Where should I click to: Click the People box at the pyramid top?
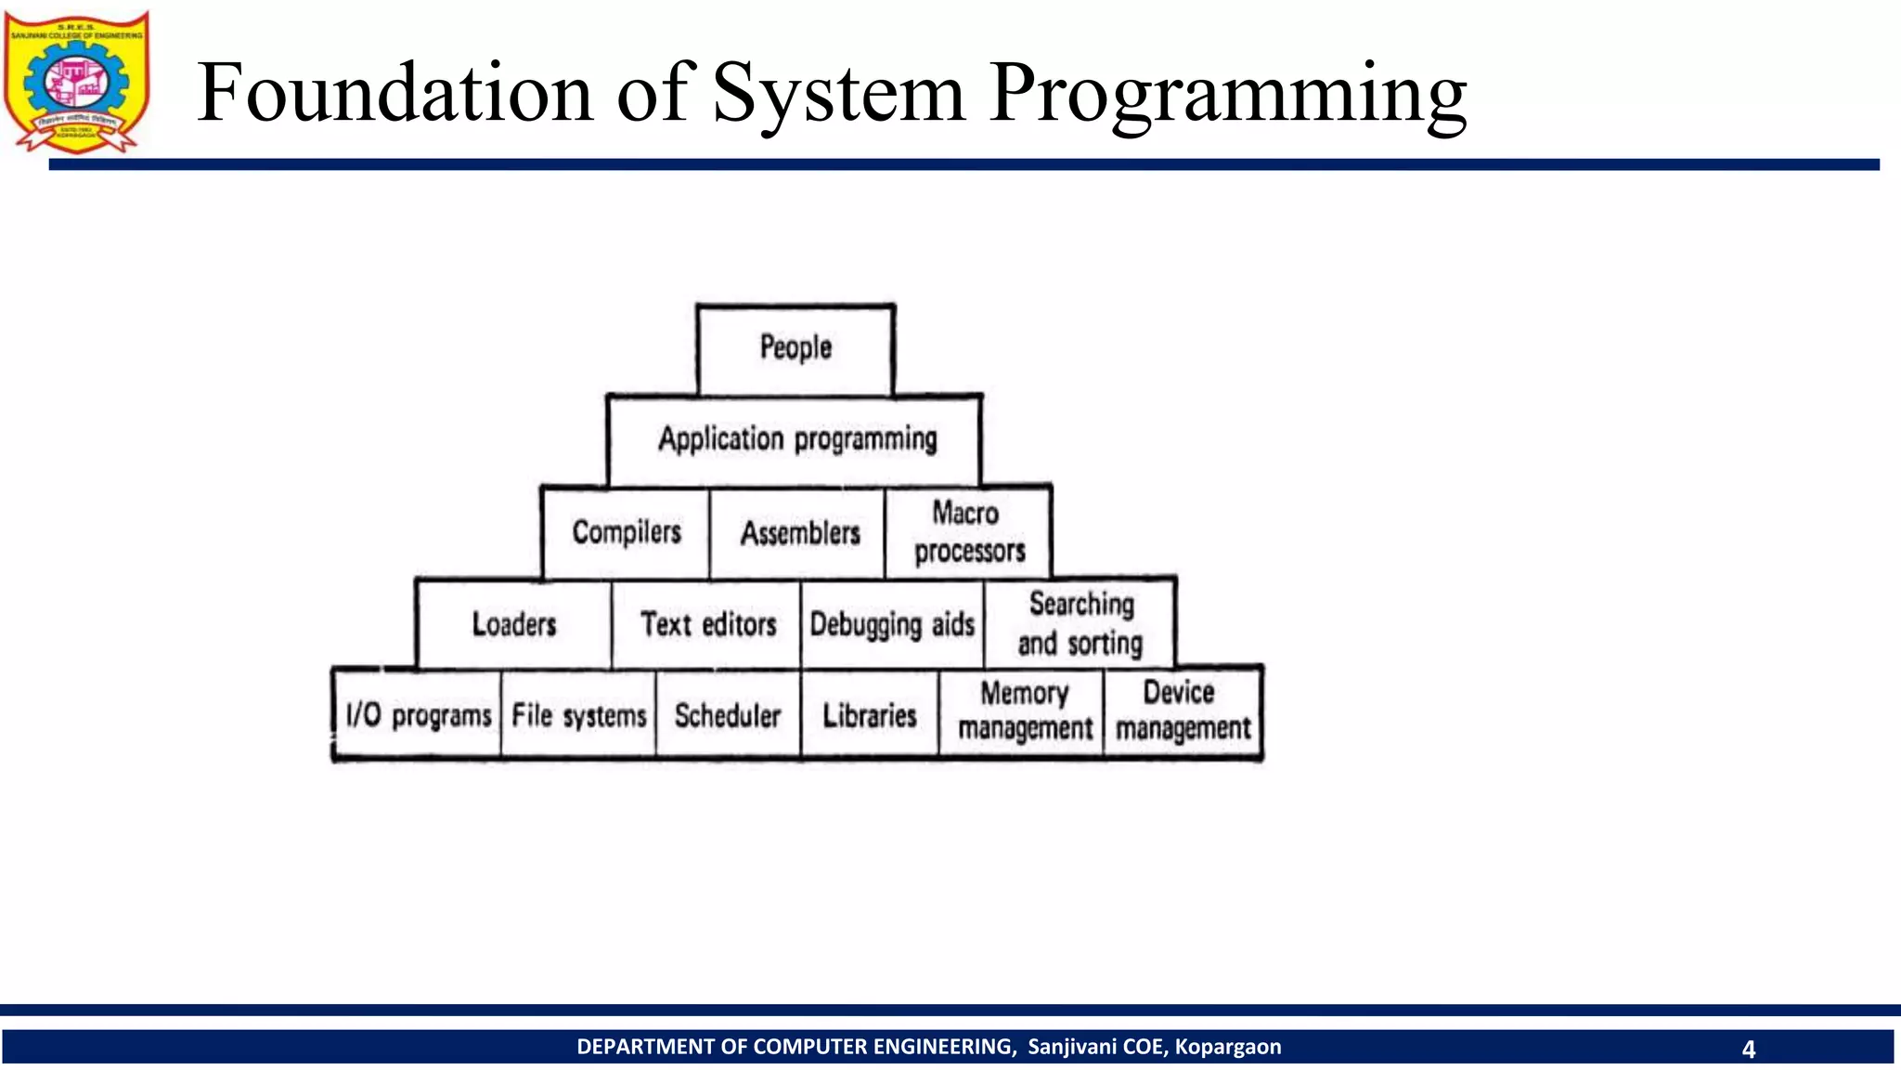[795, 348]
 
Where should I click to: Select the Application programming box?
[795, 439]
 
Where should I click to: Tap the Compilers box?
[627, 532]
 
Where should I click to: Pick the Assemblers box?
[799, 533]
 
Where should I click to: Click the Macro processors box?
[969, 532]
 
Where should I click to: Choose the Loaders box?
[514, 624]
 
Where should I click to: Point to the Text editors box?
[707, 624]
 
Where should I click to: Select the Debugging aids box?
[892, 624]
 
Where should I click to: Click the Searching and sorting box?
[1080, 623]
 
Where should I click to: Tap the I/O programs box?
[418, 715]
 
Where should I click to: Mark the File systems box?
[578, 715]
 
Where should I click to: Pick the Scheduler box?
[728, 715]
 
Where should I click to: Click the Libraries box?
[870, 715]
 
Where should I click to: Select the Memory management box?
[1024, 711]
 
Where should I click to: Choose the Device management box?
[1183, 711]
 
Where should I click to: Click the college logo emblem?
[77, 83]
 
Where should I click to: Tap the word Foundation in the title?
[394, 93]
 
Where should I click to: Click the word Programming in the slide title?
[1227, 95]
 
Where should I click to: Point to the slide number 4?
[1748, 1049]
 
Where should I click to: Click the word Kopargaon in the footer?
[1227, 1047]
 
